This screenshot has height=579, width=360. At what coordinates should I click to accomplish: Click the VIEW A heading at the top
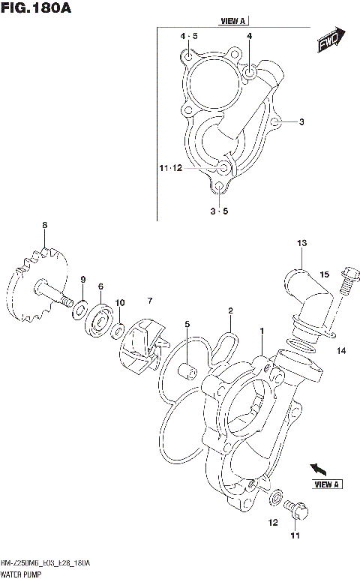tap(233, 21)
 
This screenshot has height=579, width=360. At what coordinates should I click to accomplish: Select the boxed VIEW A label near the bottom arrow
tap(327, 484)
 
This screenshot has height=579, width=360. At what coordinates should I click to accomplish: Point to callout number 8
tap(45, 225)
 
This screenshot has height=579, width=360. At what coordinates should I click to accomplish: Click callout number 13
tap(301, 243)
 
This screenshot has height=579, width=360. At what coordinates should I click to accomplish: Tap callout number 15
tap(325, 275)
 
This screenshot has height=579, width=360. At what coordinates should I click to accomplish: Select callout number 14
tap(340, 350)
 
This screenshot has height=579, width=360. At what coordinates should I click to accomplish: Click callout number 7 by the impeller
tap(150, 301)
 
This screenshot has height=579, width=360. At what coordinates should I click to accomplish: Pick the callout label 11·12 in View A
tap(170, 168)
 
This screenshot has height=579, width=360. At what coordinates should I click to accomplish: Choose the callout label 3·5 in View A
tap(219, 211)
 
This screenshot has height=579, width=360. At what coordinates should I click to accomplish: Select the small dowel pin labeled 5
tap(187, 370)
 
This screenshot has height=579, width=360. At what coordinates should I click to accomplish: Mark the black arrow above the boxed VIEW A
tap(317, 469)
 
